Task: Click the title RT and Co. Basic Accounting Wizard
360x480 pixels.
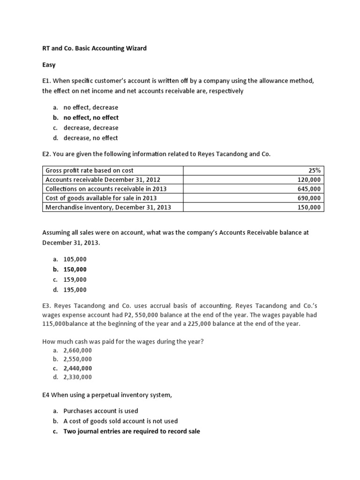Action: coord(94,48)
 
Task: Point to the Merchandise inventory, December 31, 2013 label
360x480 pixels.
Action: coord(108,207)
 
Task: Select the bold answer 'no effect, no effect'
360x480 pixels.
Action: coord(91,118)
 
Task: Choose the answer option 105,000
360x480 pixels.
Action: coord(75,259)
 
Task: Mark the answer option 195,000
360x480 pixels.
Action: coord(75,290)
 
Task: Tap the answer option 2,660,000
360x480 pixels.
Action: coord(78,350)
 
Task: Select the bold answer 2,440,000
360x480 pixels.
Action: coord(78,368)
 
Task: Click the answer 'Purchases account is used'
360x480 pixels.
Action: coord(101,411)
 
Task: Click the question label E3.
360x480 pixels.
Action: coord(47,305)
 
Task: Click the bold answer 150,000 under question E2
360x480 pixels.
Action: coord(75,270)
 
